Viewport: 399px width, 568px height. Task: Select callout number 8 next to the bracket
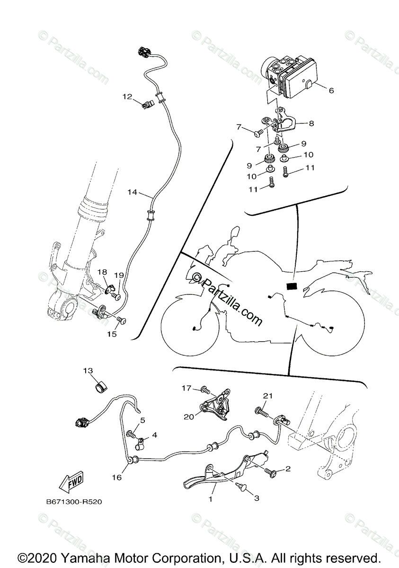310,124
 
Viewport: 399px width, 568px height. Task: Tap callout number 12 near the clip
127,97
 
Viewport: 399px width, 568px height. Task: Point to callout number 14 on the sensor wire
132,192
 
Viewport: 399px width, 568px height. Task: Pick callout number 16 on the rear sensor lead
117,478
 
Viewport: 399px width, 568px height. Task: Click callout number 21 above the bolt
268,396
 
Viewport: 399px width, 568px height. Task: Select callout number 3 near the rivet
257,497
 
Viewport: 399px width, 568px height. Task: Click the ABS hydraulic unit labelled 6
293,78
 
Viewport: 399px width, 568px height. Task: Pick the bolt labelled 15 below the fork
122,321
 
